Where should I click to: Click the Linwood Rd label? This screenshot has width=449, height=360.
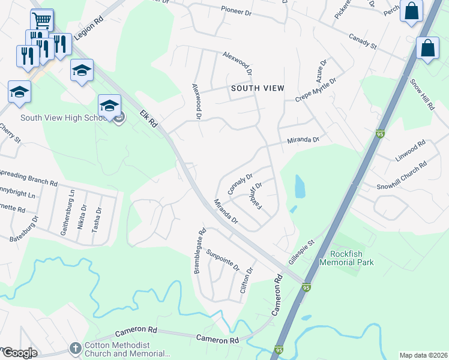[x=411, y=149]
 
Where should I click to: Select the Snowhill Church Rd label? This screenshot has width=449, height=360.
[x=402, y=174]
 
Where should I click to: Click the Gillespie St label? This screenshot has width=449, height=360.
[x=301, y=253]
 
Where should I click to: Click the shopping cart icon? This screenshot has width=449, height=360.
[x=41, y=20]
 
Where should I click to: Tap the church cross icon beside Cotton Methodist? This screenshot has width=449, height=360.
[x=75, y=348]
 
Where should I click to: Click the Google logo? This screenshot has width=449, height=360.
[x=20, y=353]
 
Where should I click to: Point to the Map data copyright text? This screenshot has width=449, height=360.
[x=423, y=355]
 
